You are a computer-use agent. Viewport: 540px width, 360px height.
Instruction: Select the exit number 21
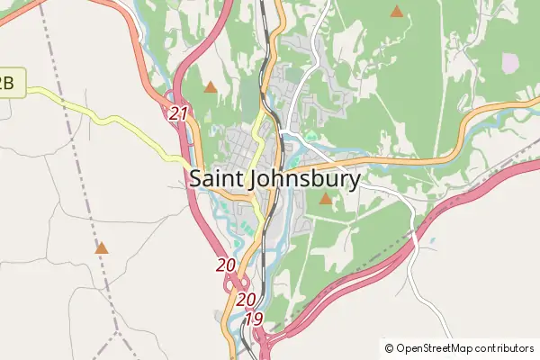[x=178, y=113]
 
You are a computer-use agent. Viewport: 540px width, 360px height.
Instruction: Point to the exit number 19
[x=253, y=319]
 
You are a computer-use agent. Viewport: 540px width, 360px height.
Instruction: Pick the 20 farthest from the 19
[x=226, y=265]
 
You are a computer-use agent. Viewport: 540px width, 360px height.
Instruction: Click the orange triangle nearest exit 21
[x=210, y=87]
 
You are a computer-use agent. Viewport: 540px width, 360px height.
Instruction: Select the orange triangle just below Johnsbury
[x=325, y=197]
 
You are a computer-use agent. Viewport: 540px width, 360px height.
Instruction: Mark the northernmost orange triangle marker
[x=396, y=12]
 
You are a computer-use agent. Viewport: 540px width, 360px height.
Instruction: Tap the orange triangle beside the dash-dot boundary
[x=102, y=247]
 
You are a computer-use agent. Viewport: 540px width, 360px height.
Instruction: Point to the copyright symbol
[x=390, y=347]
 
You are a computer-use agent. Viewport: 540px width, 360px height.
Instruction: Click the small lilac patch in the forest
[x=510, y=62]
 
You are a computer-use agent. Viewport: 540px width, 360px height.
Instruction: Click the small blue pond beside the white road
[x=434, y=241]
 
